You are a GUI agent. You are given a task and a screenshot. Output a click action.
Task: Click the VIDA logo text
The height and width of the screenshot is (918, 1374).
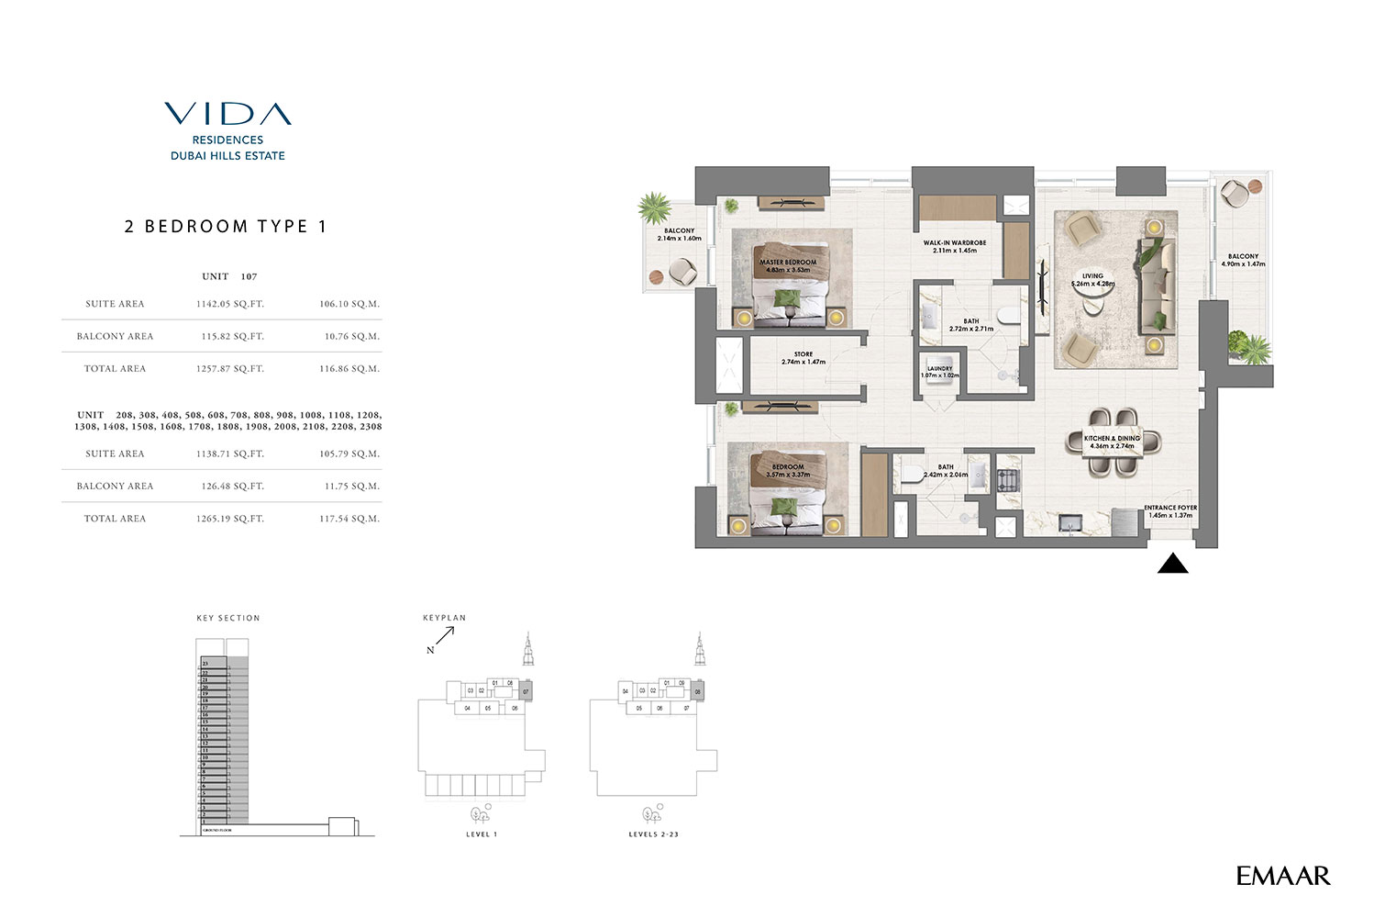click(227, 114)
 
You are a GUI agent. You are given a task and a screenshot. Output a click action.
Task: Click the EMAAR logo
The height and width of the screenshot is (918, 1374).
click(1282, 876)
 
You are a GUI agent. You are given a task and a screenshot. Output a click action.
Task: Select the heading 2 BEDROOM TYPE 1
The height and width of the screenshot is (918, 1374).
click(226, 227)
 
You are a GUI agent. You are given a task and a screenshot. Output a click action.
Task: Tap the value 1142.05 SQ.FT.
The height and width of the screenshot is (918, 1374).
click(229, 304)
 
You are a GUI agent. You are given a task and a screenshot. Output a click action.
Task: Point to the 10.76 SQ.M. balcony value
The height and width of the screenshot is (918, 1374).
click(351, 336)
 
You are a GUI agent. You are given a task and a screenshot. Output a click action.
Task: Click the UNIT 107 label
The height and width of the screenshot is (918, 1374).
click(229, 276)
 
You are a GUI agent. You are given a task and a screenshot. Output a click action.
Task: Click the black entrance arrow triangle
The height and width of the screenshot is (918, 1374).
click(1172, 564)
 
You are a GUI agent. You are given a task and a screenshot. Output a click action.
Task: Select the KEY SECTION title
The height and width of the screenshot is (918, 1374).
click(228, 619)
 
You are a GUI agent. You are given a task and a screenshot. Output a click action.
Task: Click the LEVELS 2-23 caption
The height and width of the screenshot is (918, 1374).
click(653, 834)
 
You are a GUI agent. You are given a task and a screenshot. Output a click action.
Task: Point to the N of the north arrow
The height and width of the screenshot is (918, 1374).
click(430, 650)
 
